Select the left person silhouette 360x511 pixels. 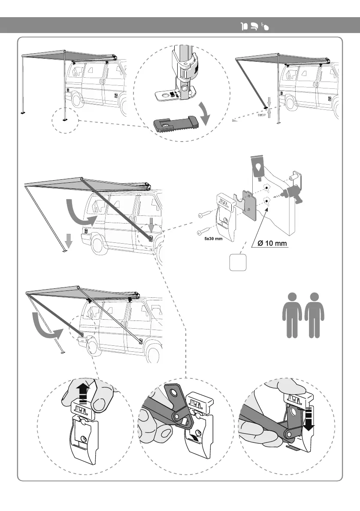[x=292, y=315]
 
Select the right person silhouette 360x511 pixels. [x=315, y=315]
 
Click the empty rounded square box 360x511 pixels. [x=237, y=262]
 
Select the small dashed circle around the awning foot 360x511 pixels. [x=64, y=120]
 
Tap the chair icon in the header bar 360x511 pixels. [x=254, y=27]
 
